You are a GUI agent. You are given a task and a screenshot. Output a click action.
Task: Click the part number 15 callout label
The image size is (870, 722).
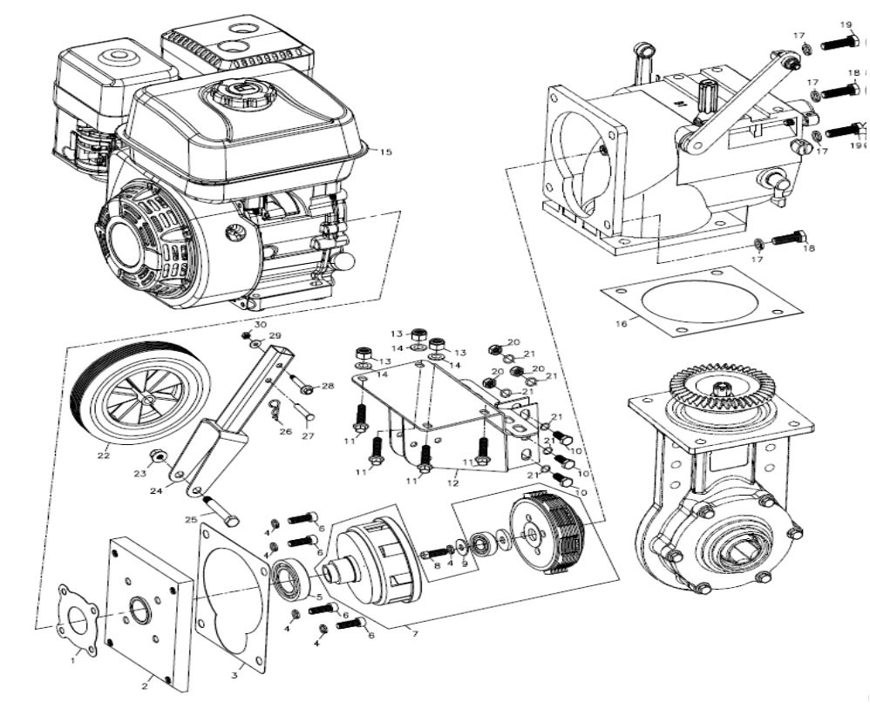click(385, 152)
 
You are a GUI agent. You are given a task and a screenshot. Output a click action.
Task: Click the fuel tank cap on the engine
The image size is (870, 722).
click(234, 93)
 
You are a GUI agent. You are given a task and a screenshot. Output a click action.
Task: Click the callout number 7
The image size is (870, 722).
click(415, 633)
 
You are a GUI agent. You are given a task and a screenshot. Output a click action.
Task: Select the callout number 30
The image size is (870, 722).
click(261, 324)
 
